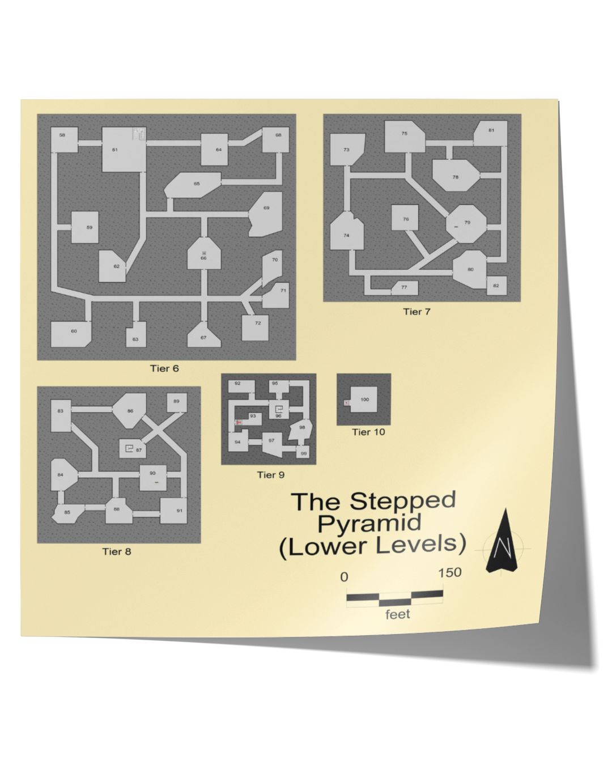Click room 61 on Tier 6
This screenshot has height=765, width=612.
[x=122, y=150]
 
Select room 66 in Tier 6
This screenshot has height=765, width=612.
[x=203, y=256]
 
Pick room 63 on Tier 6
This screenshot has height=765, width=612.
[x=136, y=337]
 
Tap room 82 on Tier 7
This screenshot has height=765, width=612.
[x=496, y=286]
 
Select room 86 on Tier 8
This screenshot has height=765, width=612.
[x=131, y=411]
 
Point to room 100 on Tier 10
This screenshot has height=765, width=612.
[x=364, y=400]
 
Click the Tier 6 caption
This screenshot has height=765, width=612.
[x=164, y=368]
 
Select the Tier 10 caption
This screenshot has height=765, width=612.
[x=368, y=432]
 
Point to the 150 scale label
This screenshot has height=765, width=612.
[x=450, y=572]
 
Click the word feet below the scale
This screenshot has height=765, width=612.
[x=398, y=614]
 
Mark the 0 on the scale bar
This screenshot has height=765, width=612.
[x=344, y=577]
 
